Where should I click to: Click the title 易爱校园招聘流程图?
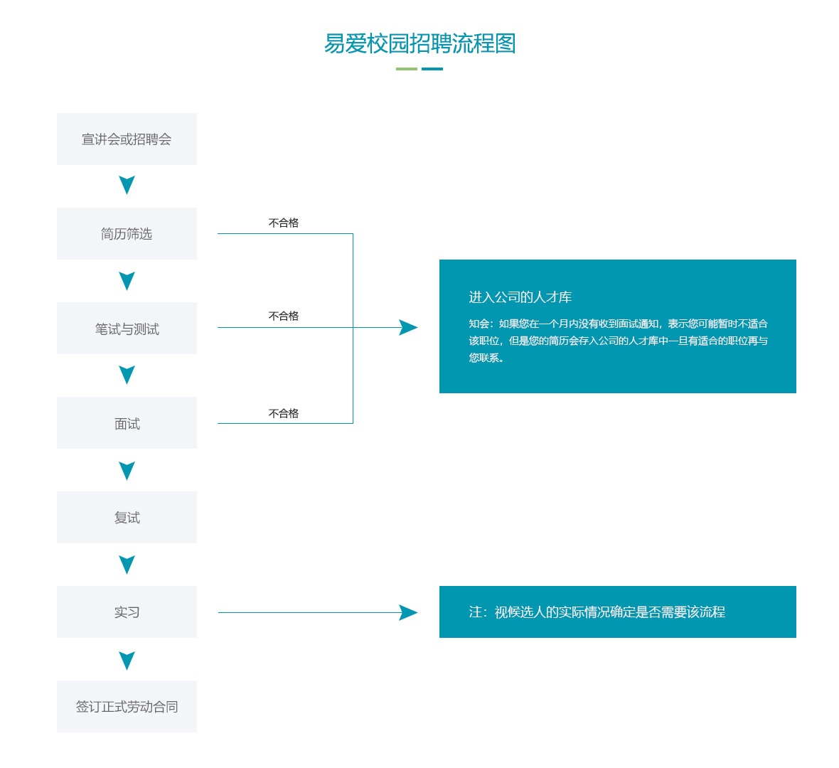419,43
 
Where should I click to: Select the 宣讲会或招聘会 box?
127,139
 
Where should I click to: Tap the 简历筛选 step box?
127,234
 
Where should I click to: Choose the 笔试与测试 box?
127,328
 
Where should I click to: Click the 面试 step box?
127,423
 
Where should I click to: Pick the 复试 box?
127,518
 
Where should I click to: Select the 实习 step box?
127,612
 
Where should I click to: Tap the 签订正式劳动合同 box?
127,706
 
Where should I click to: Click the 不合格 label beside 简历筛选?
284,223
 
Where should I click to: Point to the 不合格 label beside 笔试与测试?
284,316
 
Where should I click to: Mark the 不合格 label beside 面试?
284,413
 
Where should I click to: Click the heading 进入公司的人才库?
520,297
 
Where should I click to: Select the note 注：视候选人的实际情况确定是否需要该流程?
597,612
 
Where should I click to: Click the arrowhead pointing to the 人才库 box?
408,328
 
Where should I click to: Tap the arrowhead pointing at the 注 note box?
408,612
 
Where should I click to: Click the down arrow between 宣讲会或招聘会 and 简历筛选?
127,185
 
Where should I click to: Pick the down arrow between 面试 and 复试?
127,471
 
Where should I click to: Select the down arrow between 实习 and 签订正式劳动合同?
127,661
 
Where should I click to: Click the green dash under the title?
407,69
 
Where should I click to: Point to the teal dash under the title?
432,69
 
